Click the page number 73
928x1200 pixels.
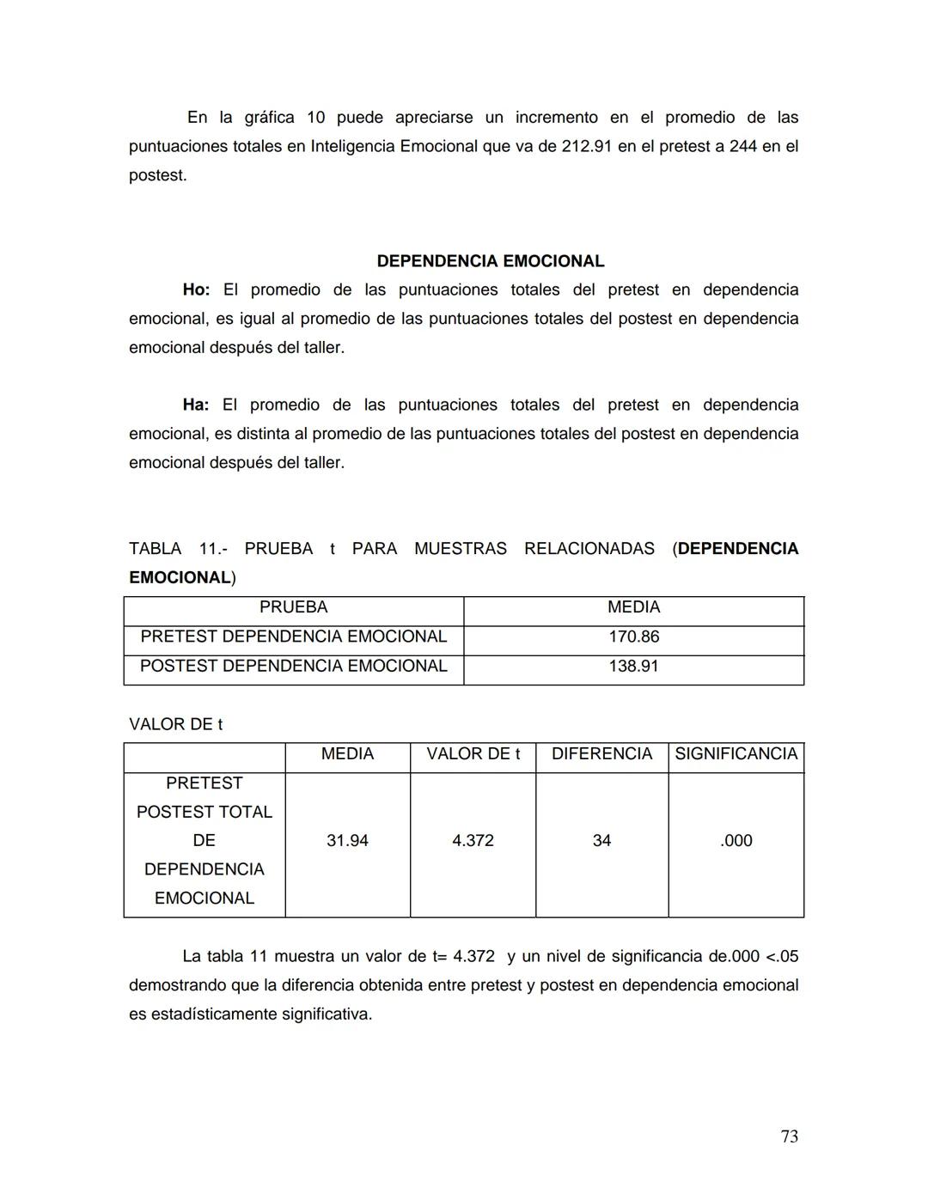[789, 1136]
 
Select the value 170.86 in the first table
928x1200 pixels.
[633, 637]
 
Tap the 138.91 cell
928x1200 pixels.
[633, 666]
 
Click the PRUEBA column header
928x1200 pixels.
[293, 607]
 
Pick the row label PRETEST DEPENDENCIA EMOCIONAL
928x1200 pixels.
[293, 637]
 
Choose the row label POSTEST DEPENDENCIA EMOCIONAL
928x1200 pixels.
[293, 666]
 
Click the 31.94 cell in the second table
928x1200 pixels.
[347, 841]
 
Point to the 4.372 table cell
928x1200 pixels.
[473, 841]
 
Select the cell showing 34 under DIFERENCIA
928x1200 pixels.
[601, 841]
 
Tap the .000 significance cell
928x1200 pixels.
[736, 841]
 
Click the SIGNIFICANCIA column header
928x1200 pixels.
[736, 754]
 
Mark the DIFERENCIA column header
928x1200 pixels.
[601, 754]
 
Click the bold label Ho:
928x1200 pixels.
[196, 290]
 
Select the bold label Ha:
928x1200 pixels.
[195, 405]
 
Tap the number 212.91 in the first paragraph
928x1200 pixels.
[586, 147]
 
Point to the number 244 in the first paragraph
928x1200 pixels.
[742, 147]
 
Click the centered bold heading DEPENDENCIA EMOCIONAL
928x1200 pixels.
[490, 261]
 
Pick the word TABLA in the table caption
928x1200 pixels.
[155, 549]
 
